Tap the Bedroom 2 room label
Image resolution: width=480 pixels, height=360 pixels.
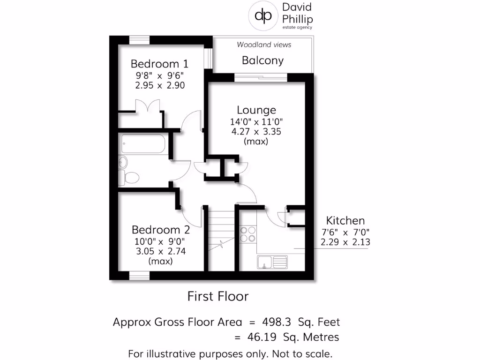pos(161,230)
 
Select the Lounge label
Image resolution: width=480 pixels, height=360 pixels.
pos(256,110)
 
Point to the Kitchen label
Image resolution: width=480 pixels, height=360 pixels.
pos(345,221)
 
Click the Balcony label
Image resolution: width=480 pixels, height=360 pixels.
pos(262,60)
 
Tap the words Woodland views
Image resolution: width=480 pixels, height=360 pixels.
pos(263,45)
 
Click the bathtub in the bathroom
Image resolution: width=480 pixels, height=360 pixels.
pos(142,143)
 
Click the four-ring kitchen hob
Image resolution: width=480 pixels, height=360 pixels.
pos(248,234)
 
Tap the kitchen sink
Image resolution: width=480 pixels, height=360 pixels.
pos(272,262)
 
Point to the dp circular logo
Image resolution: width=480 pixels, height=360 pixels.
pos(262,15)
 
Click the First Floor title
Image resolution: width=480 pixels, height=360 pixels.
pos(217,296)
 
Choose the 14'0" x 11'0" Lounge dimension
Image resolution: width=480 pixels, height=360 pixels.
pos(256,121)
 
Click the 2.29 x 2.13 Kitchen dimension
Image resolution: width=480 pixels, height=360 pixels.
pos(345,242)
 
